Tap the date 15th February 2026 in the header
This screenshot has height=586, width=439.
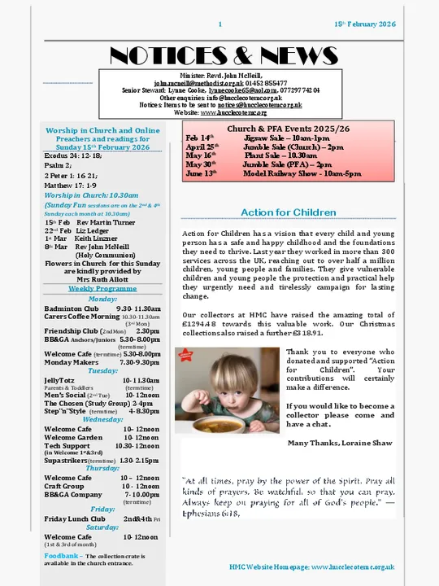point(364,24)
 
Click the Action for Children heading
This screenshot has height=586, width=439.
point(288,212)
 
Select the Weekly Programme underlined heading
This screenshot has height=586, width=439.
point(102,288)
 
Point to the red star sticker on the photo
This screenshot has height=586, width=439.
point(185,354)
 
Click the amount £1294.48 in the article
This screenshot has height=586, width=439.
point(203,323)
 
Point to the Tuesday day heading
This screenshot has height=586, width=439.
point(102,370)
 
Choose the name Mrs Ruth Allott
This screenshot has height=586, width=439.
point(102,278)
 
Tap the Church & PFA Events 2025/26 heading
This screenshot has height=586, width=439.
point(288,129)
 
